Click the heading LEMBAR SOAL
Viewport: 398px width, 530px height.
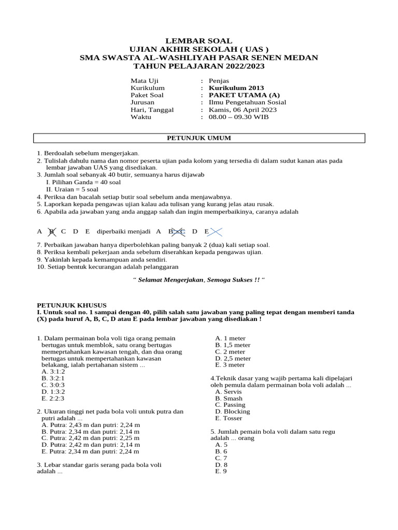[x=198, y=41]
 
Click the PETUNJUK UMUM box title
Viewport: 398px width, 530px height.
[x=198, y=138]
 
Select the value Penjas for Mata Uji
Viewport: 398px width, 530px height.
[x=219, y=81]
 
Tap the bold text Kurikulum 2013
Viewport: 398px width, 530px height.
[x=236, y=88]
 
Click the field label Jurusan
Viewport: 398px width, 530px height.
[x=143, y=102]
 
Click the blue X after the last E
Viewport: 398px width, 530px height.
[x=215, y=231]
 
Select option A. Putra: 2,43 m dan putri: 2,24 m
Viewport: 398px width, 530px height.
[x=91, y=425]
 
